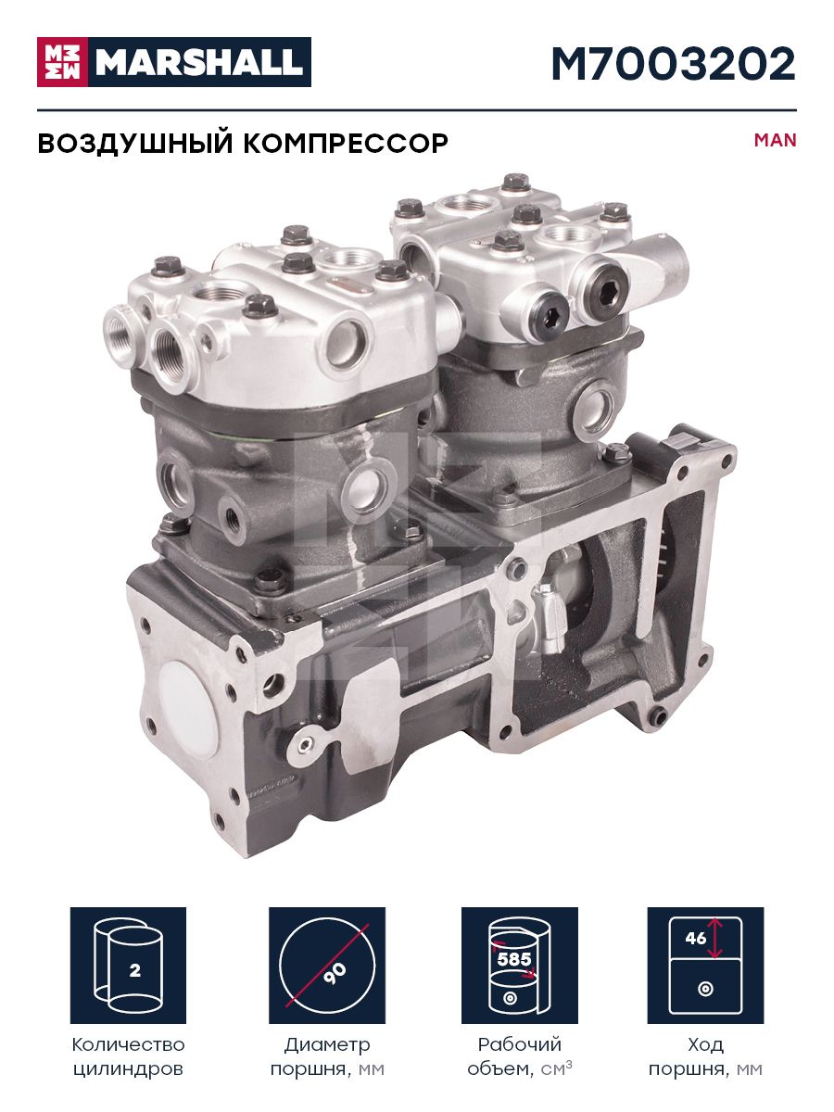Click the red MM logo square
62,62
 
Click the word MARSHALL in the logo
199,62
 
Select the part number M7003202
674,64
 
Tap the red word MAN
776,140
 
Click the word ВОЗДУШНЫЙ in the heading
135,143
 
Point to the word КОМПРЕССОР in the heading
346,144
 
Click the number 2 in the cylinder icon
134,970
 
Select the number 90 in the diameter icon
335,974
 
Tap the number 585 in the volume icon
514,959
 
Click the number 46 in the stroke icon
695,938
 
